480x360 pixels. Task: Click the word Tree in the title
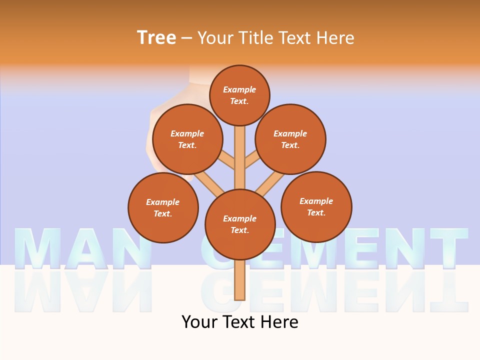(x=156, y=37)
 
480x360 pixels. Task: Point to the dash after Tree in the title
(x=186, y=38)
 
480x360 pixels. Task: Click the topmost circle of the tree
(x=239, y=95)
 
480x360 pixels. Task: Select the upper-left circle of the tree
(x=187, y=139)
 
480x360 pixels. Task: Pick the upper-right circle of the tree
(x=290, y=139)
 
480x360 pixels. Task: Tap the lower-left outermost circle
(x=163, y=207)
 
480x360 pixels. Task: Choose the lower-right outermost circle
(x=316, y=206)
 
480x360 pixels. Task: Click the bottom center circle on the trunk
(x=240, y=224)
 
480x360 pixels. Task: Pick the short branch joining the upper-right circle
(x=252, y=161)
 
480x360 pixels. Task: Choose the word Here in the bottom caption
(x=281, y=322)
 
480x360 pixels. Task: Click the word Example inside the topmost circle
(x=239, y=89)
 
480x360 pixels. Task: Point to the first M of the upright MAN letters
(x=37, y=248)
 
